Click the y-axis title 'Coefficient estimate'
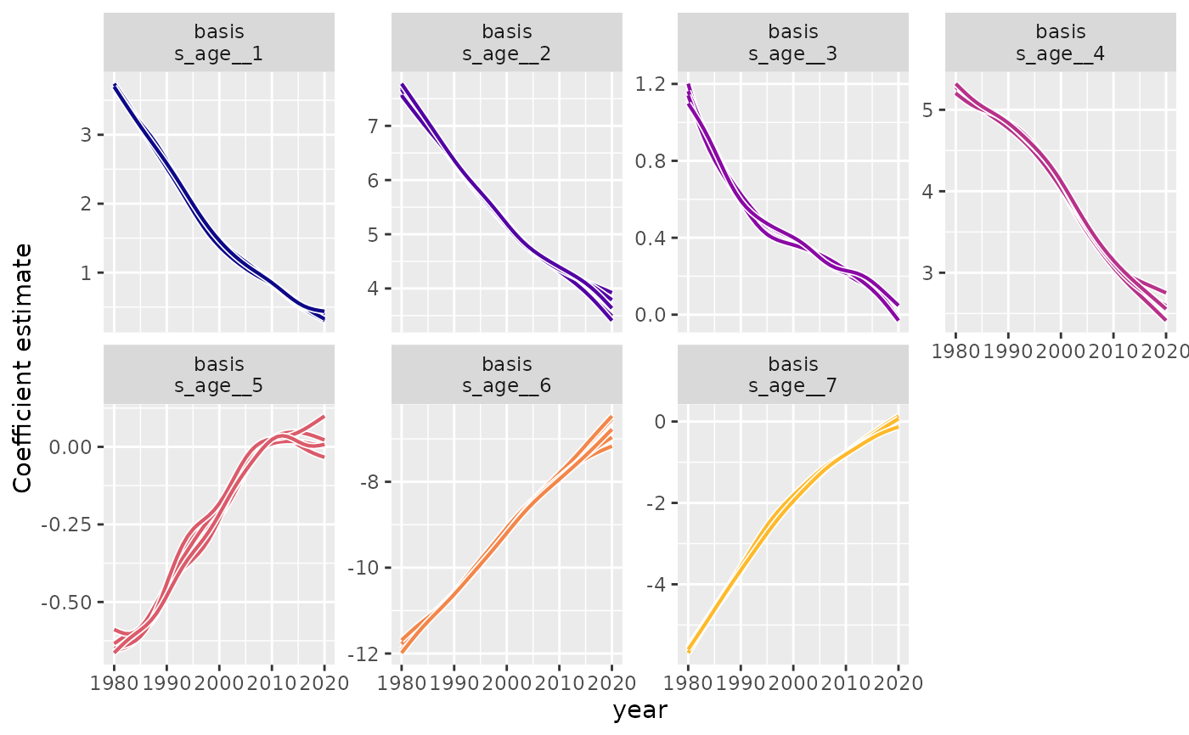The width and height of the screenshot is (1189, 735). coord(23,367)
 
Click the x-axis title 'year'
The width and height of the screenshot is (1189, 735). coord(640,711)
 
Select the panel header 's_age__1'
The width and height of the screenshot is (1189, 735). coord(219,43)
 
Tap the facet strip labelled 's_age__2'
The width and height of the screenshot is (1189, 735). coord(506,43)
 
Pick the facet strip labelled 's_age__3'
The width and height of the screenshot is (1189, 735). coord(792,43)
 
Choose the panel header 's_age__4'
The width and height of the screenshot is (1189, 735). coord(1060,43)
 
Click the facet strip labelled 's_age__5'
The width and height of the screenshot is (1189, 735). coord(219,375)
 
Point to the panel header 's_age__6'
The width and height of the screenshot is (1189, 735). coord(506,375)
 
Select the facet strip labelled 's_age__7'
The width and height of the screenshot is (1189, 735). coord(792,375)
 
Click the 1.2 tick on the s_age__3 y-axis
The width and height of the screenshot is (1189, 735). coord(650,84)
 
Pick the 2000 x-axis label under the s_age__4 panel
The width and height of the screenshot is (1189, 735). coord(1060,351)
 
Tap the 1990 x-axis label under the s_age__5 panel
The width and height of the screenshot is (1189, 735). coord(166,683)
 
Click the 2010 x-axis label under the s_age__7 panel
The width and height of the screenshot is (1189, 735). coord(846,683)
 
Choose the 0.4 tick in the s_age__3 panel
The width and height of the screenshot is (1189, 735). coord(650,238)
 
